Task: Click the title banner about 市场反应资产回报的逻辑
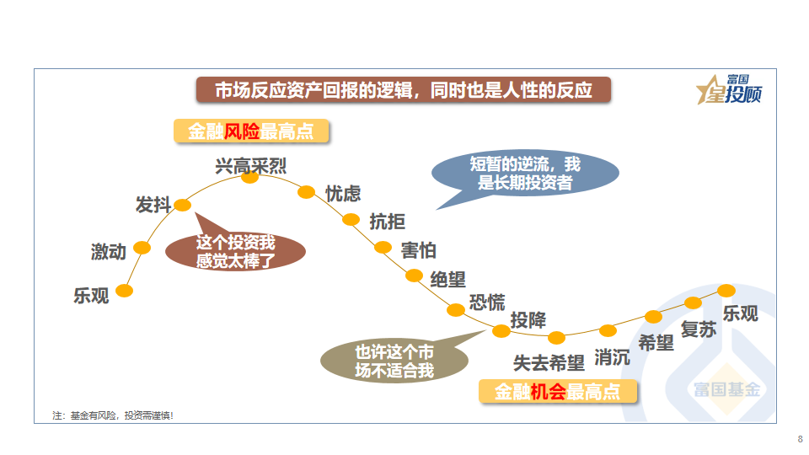coord(403,90)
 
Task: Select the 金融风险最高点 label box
coord(250,131)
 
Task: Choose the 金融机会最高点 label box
coord(557,392)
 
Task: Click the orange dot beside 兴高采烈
coord(250,177)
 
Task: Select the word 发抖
coord(153,205)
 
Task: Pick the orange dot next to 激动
coord(142,248)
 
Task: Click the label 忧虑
coord(343,194)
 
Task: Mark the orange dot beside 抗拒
coord(351,220)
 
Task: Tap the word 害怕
coord(419,250)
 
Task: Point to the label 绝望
coord(447,279)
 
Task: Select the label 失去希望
coord(549,363)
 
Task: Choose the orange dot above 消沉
coord(608,330)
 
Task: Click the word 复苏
coord(699,329)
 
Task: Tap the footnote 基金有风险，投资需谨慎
coord(113,415)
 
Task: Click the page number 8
coord(800,439)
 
